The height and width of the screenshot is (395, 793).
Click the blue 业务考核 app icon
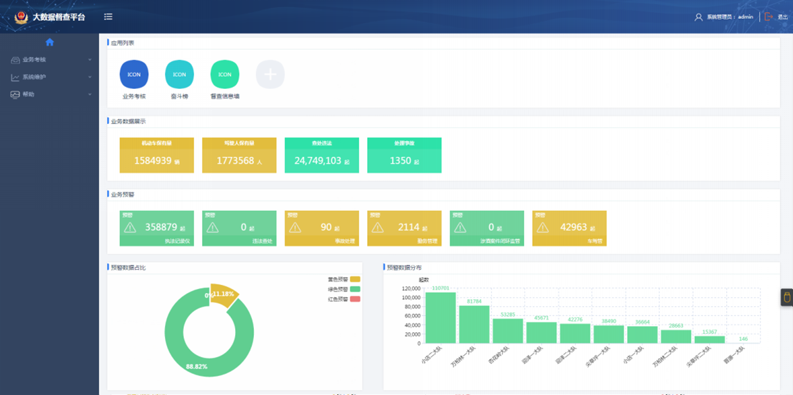(134, 74)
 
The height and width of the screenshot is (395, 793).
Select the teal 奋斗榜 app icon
(179, 74)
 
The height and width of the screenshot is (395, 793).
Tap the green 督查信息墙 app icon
(225, 74)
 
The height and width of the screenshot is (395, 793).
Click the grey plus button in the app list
(270, 74)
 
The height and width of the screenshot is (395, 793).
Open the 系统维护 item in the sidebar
(34, 77)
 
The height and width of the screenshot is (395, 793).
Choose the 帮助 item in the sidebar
(28, 95)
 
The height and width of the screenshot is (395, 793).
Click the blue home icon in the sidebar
(50, 42)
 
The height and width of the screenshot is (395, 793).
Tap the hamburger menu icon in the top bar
(109, 17)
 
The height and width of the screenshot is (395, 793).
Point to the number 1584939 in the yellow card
(153, 161)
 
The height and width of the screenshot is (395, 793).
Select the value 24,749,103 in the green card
(318, 161)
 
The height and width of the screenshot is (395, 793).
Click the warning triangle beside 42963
(543, 227)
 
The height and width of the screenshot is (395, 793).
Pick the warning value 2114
(408, 227)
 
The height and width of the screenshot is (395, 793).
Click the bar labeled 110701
(441, 317)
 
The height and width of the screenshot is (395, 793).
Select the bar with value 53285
(508, 331)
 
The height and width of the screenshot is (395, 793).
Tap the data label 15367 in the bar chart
(710, 332)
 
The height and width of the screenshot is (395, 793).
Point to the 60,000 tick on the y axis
(410, 316)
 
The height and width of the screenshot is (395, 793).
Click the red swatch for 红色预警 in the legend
(355, 299)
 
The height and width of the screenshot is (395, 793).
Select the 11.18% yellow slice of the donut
(223, 295)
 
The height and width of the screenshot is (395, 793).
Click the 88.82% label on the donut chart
(196, 366)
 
